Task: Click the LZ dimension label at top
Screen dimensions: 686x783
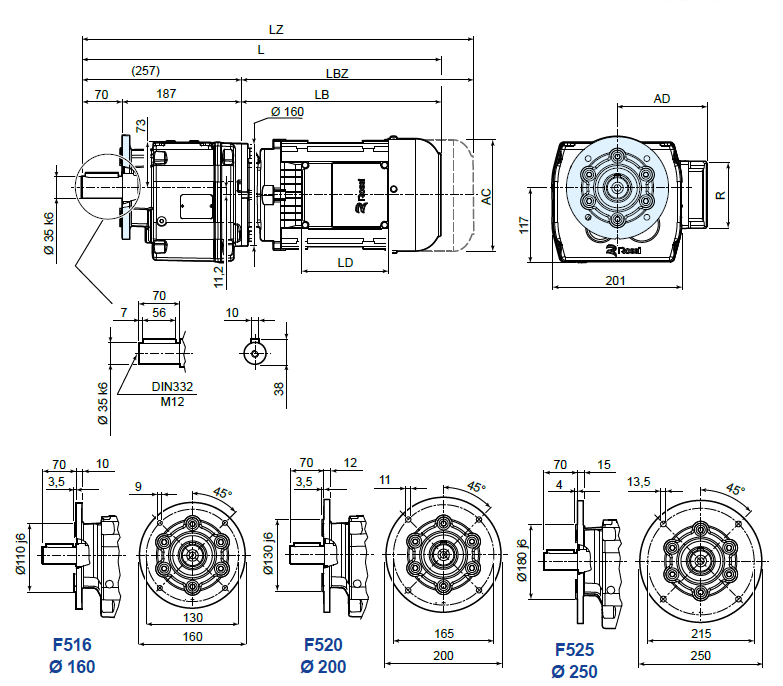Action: tap(277, 30)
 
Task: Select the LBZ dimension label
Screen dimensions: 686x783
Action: tap(337, 74)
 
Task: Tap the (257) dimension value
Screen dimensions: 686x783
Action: tap(145, 71)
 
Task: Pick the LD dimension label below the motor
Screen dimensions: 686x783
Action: tap(344, 263)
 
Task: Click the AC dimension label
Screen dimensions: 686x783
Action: tap(486, 196)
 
